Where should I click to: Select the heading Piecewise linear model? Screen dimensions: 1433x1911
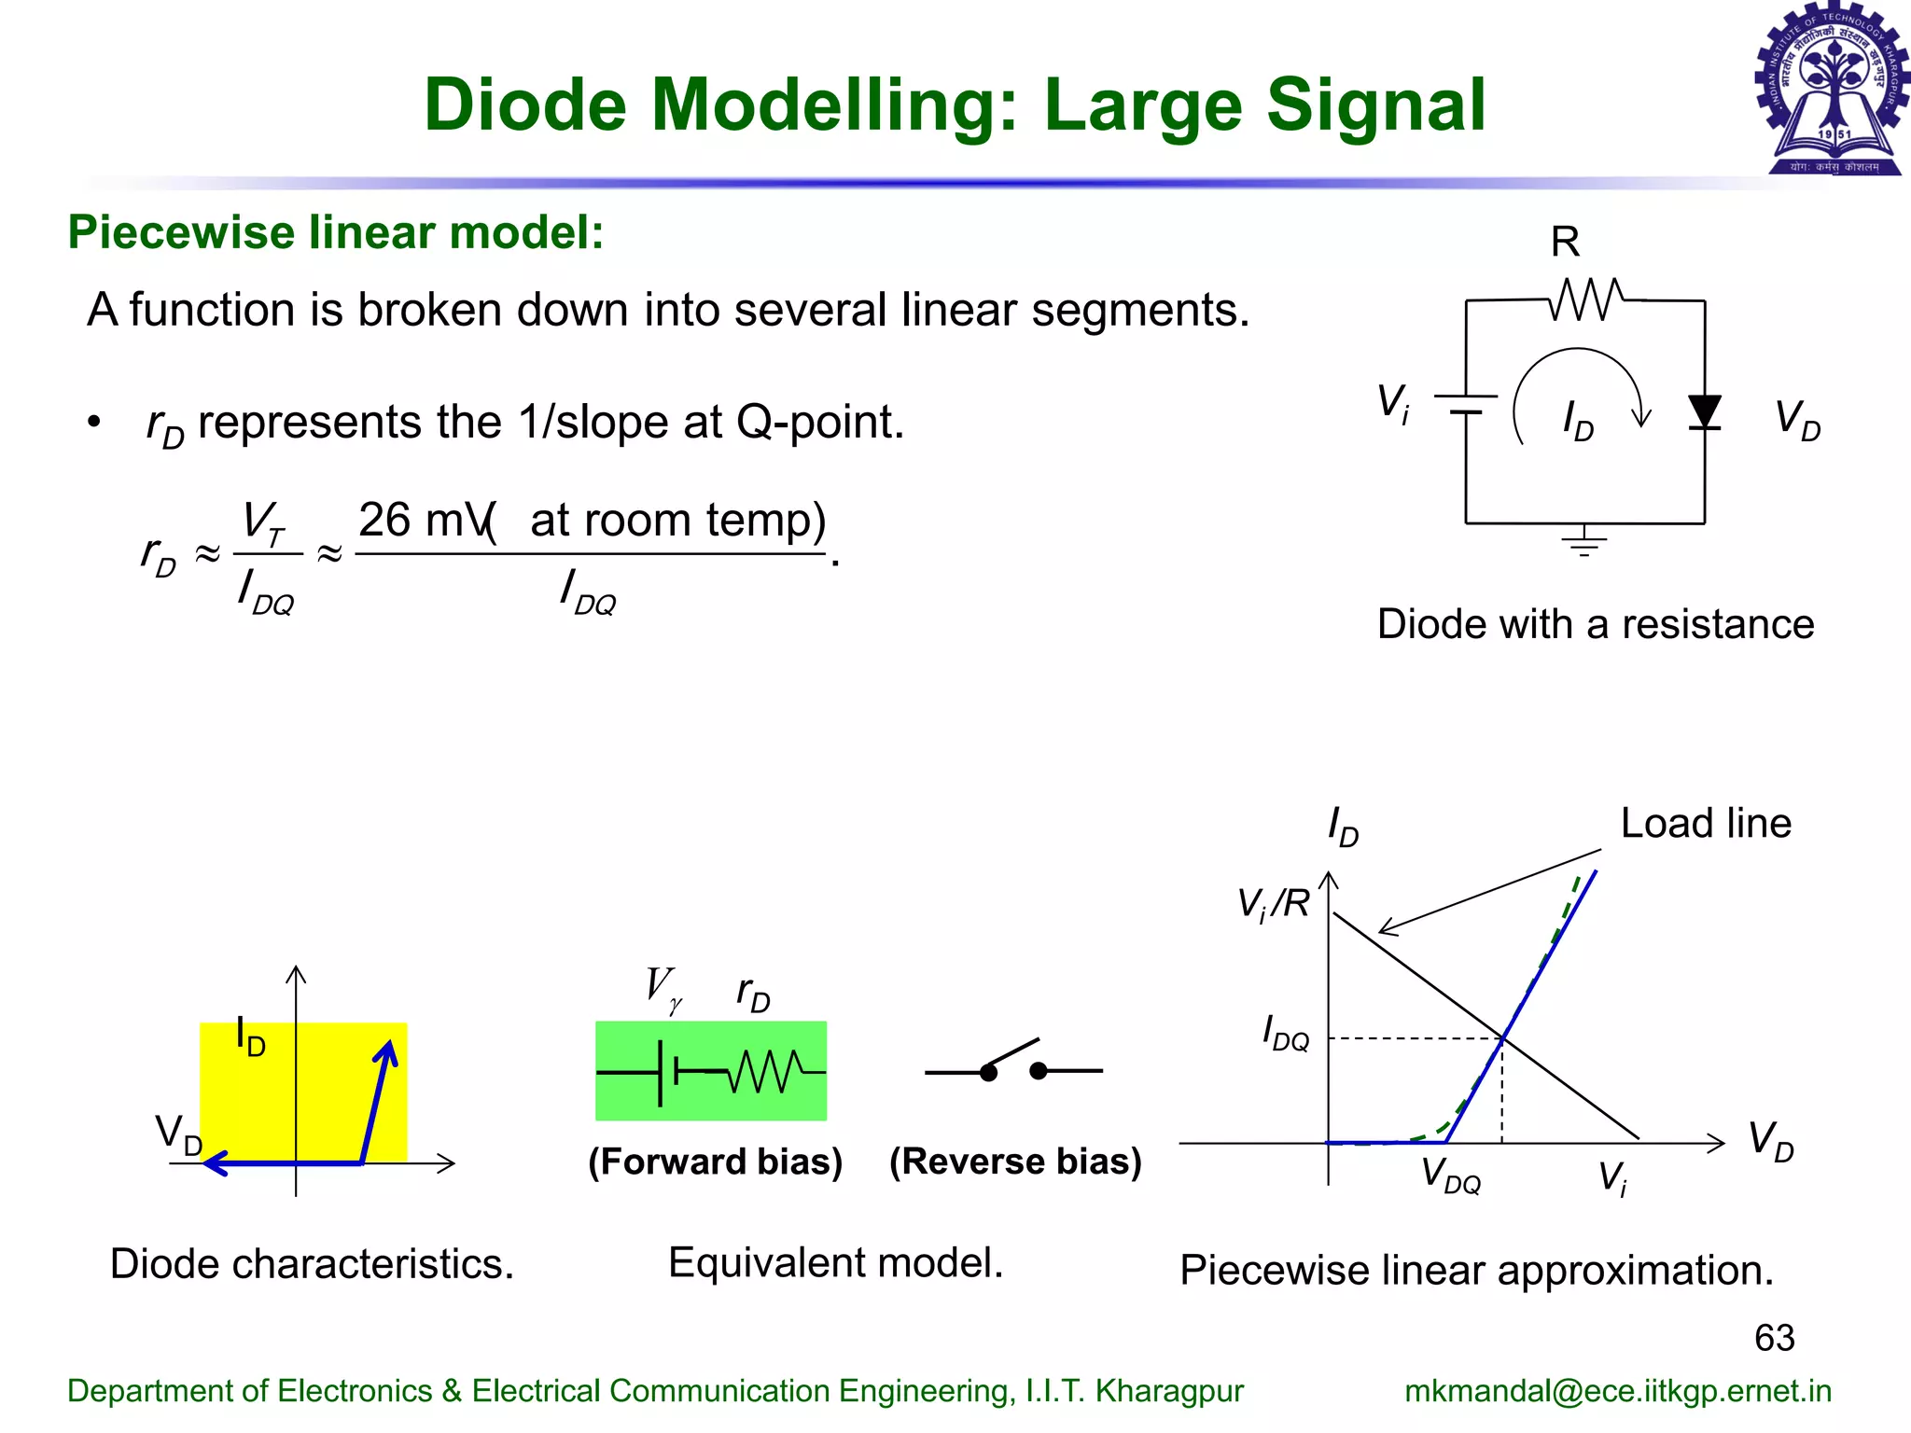(x=336, y=232)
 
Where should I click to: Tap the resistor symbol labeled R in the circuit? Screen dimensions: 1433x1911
(x=1585, y=299)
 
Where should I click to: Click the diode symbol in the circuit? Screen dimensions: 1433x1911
(x=1704, y=411)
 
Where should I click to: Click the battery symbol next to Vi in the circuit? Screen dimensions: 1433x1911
(x=1466, y=404)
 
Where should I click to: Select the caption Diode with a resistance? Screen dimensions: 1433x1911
(x=1595, y=624)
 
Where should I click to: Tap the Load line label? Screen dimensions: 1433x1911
(x=1706, y=824)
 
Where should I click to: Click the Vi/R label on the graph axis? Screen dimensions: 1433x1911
(x=1273, y=904)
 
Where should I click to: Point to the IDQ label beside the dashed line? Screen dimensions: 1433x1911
(x=1285, y=1034)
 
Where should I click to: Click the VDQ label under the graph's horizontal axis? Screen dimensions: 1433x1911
(x=1450, y=1176)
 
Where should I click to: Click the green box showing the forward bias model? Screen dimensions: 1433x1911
(x=711, y=1071)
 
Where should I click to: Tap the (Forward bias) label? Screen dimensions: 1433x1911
(x=715, y=1162)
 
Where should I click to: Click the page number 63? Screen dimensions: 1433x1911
(x=1774, y=1338)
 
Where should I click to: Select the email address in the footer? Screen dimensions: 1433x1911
(x=1617, y=1391)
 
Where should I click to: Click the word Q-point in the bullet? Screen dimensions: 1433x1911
(x=819, y=423)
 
